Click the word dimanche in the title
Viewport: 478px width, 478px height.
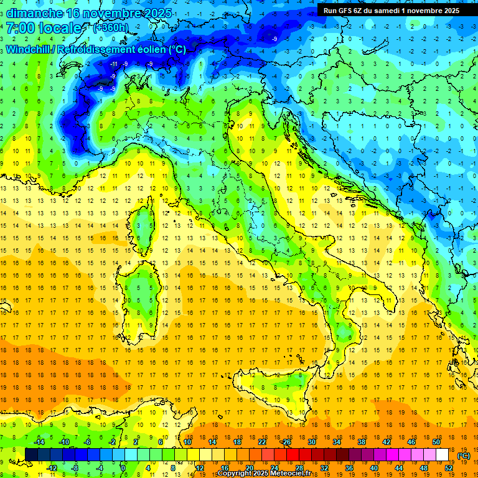click(x=34, y=13)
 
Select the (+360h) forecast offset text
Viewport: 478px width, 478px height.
click(x=110, y=28)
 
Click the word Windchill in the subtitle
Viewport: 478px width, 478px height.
click(x=29, y=49)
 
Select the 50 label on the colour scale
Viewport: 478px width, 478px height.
click(x=436, y=442)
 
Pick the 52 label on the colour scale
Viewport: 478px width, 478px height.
click(x=449, y=467)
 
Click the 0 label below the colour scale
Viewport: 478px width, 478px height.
click(x=123, y=467)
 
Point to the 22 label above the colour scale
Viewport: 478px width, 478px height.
click(x=262, y=442)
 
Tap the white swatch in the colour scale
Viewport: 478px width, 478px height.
click(x=442, y=454)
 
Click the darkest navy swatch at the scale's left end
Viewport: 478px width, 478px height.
click(x=31, y=454)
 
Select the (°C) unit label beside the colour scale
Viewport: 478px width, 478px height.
click(x=464, y=455)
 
